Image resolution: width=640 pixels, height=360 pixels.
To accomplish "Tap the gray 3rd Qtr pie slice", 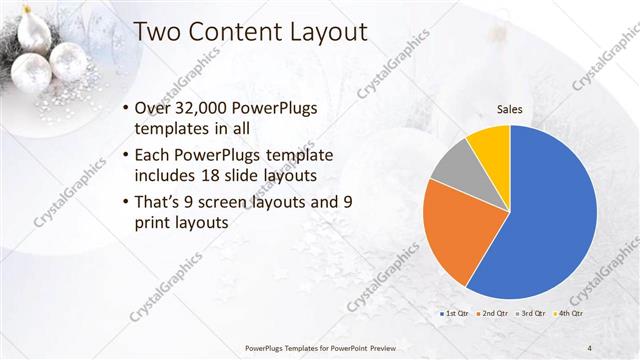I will (x=455, y=165).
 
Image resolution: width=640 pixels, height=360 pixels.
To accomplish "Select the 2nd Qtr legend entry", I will (x=493, y=314).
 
